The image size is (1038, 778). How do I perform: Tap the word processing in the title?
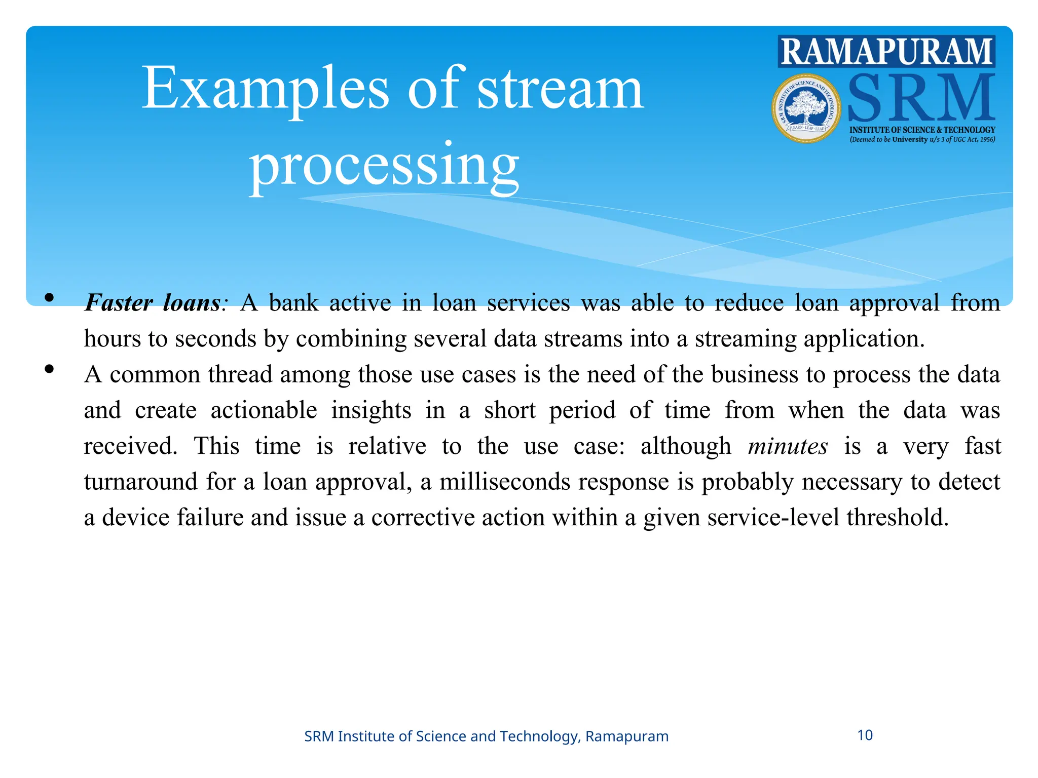(384, 165)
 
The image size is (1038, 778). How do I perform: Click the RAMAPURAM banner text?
(886, 52)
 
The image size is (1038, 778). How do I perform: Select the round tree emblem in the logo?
(806, 108)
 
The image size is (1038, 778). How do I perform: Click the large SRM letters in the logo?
(920, 97)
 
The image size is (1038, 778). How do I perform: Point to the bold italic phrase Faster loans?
(152, 303)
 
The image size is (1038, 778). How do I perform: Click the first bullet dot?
(49, 298)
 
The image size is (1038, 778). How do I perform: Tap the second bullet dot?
(49, 369)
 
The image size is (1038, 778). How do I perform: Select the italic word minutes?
(788, 446)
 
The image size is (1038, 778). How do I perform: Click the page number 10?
(865, 735)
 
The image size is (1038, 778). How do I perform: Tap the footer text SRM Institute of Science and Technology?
(486, 736)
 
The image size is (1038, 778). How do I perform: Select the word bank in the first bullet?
(293, 303)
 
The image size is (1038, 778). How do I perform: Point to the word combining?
(351, 338)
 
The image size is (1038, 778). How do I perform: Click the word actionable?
(264, 410)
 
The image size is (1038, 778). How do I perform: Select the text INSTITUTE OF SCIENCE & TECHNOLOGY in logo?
(922, 130)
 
